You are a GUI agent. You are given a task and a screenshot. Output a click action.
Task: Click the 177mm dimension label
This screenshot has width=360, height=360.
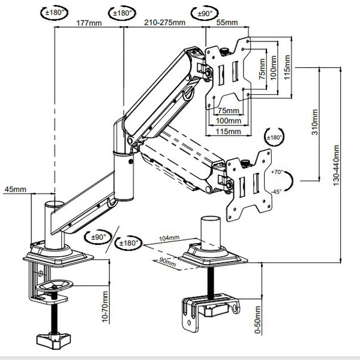[89, 23]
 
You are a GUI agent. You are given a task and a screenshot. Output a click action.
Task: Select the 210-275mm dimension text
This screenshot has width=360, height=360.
[164, 23]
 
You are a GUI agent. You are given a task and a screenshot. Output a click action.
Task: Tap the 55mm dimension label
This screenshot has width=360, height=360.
[227, 22]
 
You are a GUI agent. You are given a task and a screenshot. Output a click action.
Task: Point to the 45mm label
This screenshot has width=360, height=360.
[16, 189]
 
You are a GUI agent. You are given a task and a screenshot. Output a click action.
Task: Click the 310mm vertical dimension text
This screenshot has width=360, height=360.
[315, 122]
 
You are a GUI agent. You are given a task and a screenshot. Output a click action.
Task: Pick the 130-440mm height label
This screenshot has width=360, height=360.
[336, 166]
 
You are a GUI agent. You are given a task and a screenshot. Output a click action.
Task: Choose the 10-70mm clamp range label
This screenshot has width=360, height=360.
[104, 307]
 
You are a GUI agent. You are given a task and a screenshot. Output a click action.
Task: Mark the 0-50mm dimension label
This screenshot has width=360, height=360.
[257, 319]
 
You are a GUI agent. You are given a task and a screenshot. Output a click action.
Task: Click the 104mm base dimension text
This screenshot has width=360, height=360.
[169, 238]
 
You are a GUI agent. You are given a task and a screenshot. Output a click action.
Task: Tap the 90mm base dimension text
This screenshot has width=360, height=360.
[167, 262]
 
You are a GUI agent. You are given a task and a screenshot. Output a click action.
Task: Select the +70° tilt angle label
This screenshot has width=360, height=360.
[277, 172]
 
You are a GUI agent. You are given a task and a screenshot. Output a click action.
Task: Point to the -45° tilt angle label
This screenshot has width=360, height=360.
[276, 191]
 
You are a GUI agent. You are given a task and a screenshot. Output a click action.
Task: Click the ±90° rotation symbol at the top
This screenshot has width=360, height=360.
[205, 13]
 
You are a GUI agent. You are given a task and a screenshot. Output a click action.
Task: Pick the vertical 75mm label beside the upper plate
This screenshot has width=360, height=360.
[262, 69]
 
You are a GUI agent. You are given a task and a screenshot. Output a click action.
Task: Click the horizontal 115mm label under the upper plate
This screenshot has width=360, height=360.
[229, 131]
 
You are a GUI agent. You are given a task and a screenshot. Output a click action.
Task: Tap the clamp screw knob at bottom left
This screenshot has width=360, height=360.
[54, 341]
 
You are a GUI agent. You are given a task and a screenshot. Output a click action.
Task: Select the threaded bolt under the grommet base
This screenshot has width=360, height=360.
[211, 283]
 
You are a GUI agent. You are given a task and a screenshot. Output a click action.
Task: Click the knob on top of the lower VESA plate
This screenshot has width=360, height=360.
[245, 163]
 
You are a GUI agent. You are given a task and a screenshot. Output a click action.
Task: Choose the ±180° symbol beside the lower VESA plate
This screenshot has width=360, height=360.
[274, 137]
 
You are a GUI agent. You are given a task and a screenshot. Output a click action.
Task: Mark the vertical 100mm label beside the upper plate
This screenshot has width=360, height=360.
[273, 68]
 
